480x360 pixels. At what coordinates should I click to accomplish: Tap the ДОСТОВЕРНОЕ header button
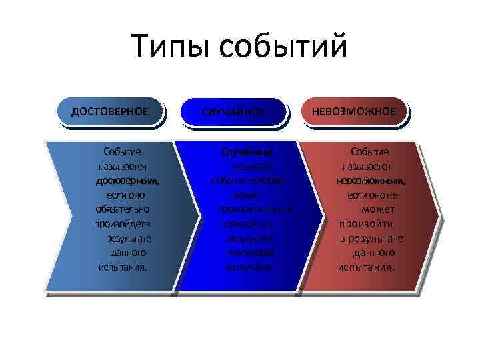(110, 111)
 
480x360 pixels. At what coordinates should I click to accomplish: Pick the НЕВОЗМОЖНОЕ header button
(358, 111)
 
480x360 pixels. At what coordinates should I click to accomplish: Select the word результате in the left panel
(128, 239)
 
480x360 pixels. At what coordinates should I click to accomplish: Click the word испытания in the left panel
(121, 267)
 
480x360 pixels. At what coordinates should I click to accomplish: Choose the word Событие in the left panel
(122, 152)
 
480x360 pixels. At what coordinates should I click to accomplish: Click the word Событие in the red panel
(370, 152)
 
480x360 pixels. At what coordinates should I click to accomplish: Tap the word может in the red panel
(378, 209)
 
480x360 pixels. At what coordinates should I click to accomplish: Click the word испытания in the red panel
(365, 267)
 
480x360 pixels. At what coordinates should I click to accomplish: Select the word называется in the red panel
(367, 167)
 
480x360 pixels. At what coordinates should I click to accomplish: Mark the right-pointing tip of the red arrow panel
(439, 217)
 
